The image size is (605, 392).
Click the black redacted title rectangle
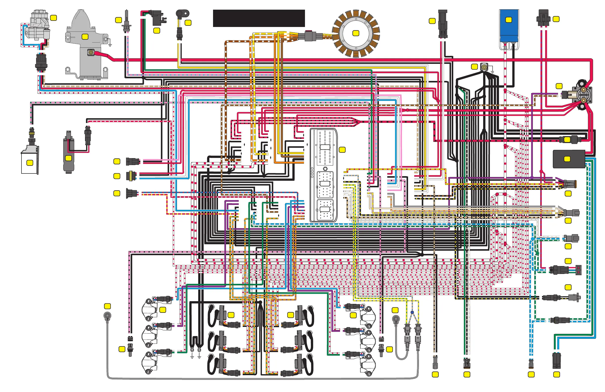(x=259, y=18)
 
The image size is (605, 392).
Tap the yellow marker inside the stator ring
(x=356, y=33)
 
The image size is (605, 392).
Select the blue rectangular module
(x=509, y=25)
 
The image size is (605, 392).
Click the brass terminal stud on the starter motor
(x=91, y=52)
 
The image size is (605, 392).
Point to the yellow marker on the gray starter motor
(x=85, y=37)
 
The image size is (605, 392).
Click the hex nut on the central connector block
(x=325, y=169)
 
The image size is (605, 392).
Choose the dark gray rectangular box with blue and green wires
(x=569, y=159)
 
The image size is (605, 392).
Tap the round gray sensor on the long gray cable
(x=108, y=316)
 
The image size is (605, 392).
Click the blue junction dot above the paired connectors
(x=412, y=312)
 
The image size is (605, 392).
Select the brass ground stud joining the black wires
(x=484, y=67)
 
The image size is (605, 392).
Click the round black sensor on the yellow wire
(x=182, y=13)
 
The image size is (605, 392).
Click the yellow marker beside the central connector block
(x=342, y=150)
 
